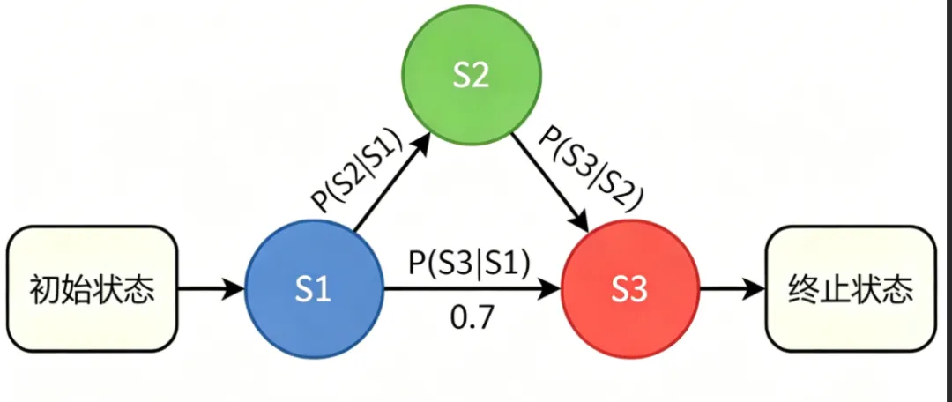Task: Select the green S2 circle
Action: (x=471, y=78)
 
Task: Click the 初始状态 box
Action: (x=92, y=287)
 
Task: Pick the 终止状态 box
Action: (x=850, y=287)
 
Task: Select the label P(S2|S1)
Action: (x=357, y=172)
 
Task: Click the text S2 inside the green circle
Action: (x=471, y=78)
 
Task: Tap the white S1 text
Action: (x=313, y=288)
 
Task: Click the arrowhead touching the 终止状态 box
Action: (x=755, y=287)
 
